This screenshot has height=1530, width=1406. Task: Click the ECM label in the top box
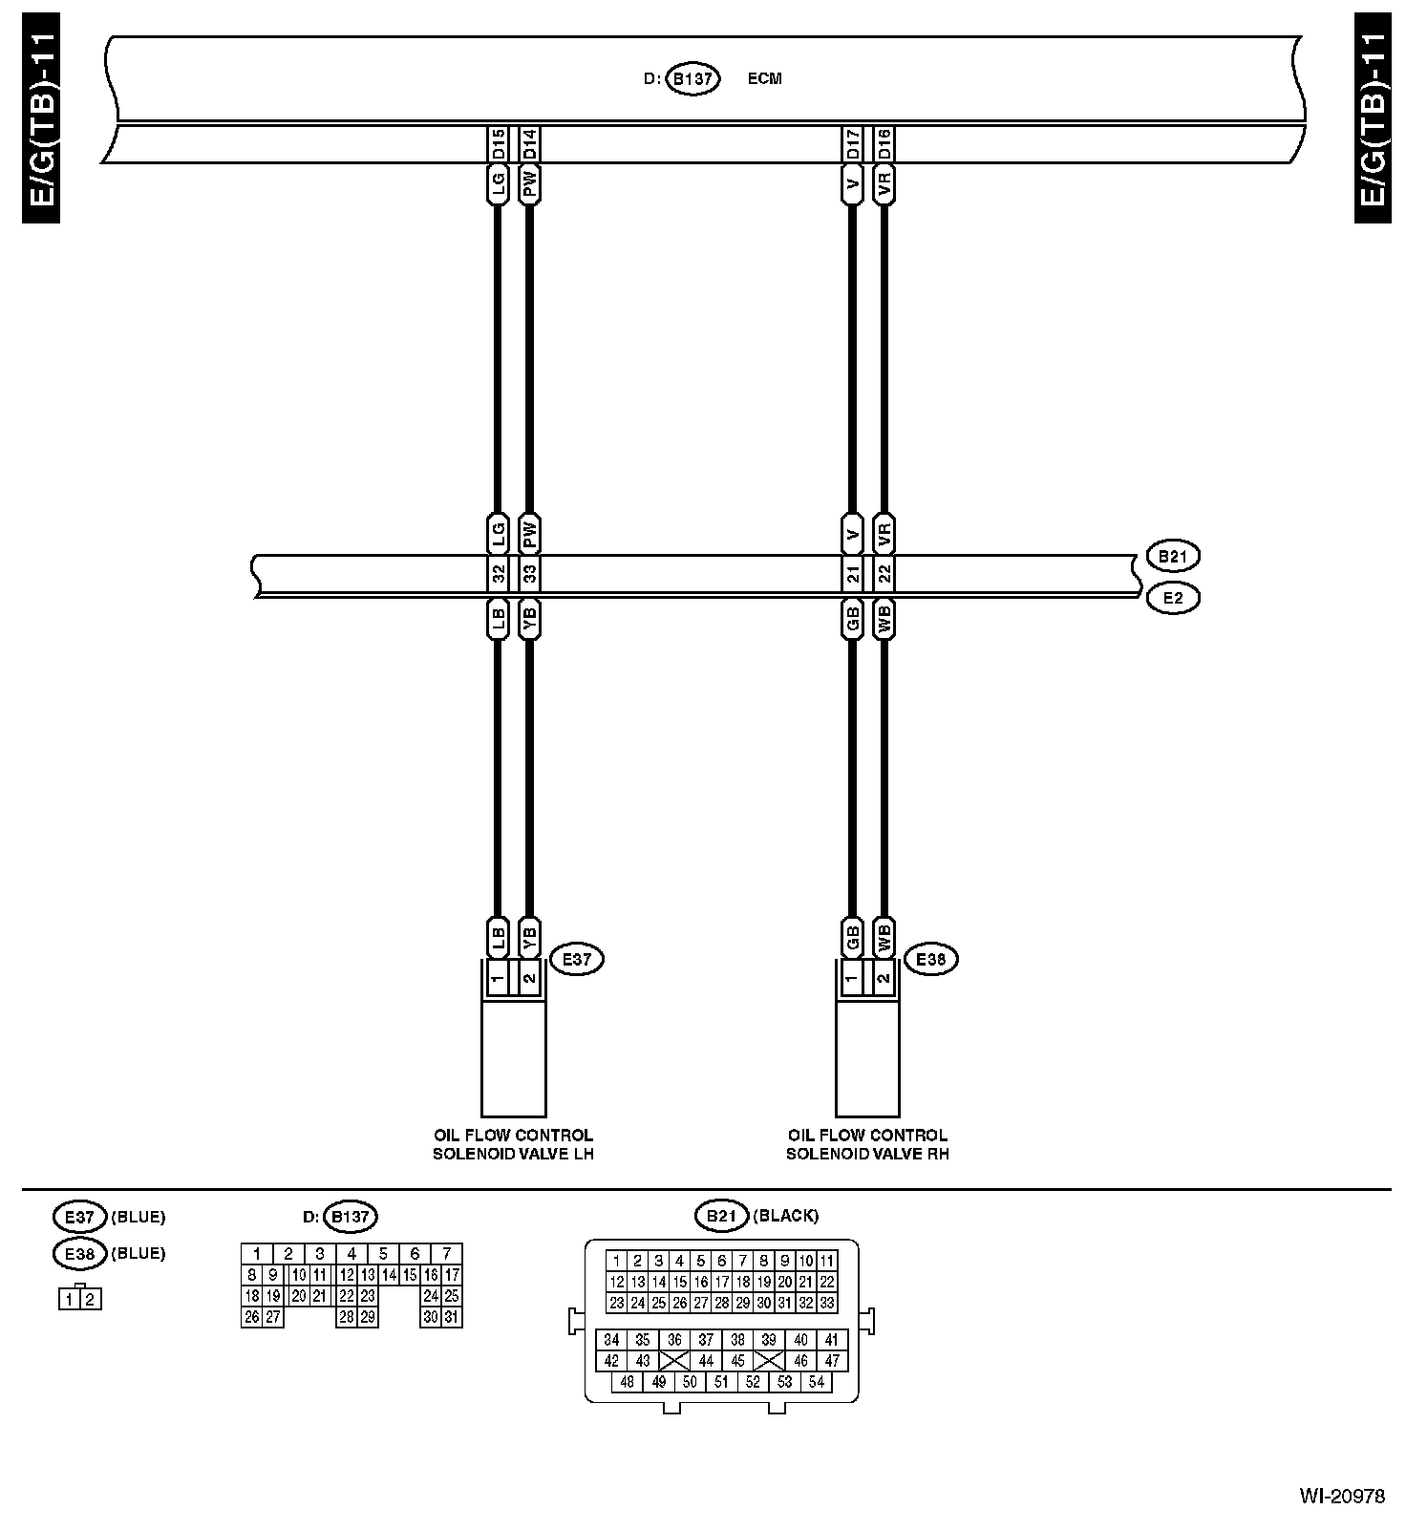pos(764,78)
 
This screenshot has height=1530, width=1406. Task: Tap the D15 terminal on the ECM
pos(498,144)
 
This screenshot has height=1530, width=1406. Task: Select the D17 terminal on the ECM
pos(853,144)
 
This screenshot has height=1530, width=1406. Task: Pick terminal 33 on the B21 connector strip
pos(530,575)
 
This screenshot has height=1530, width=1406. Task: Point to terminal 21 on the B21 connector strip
pos(853,575)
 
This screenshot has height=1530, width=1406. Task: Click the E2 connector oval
pos(1172,599)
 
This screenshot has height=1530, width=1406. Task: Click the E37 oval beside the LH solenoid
pos(577,959)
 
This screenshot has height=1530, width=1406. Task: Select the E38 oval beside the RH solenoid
pos(930,959)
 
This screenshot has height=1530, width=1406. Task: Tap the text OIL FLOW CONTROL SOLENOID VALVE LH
pos(513,1144)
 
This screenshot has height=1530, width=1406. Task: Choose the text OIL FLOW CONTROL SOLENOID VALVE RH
pos(867,1144)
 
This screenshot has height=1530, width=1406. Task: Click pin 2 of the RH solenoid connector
pos(884,978)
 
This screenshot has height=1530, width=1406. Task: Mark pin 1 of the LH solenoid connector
pos(498,978)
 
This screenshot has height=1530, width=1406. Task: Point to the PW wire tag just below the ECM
pos(530,183)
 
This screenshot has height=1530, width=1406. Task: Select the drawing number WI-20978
pos(1341,1497)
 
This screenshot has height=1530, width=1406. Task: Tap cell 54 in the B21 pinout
pos(817,1382)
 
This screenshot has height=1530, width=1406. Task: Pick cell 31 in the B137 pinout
pos(452,1317)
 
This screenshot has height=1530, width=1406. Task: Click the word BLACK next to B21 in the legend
pos(786,1216)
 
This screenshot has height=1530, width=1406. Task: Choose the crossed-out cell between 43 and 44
pos(674,1361)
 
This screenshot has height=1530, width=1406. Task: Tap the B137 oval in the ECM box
pos(692,78)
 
